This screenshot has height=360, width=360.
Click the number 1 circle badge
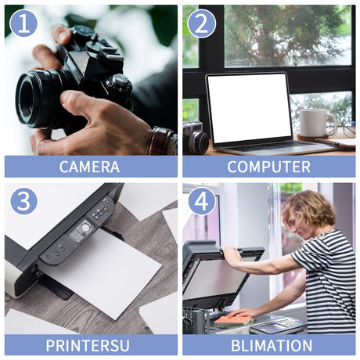coord(23,23)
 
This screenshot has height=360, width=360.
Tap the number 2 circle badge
coord(201,23)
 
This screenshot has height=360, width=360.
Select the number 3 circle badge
coord(23,201)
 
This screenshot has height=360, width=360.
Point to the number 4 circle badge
coord(201,201)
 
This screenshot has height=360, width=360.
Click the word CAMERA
coord(89,167)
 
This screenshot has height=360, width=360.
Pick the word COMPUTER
coord(269,167)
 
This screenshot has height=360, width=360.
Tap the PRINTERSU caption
coord(88,345)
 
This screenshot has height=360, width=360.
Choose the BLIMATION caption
coord(272,345)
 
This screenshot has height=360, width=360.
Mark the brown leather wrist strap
coord(159,141)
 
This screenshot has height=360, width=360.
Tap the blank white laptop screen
coord(250,108)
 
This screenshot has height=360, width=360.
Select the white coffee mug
coord(316,123)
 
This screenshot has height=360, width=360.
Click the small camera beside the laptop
coord(195,138)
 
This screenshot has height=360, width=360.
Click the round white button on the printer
coord(85,228)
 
